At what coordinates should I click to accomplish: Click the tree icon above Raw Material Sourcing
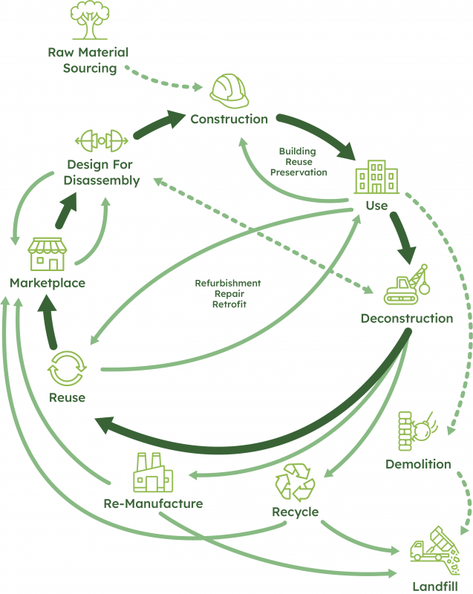pyautogui.click(x=88, y=22)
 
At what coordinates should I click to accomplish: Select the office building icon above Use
pyautogui.click(x=376, y=177)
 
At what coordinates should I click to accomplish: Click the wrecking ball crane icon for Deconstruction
pyautogui.click(x=406, y=285)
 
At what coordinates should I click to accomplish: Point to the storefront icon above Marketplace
pyautogui.click(x=47, y=254)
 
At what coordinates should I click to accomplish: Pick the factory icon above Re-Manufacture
pyautogui.click(x=152, y=472)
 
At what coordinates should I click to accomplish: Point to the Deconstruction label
pyautogui.click(x=406, y=319)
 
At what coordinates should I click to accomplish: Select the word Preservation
pyautogui.click(x=298, y=172)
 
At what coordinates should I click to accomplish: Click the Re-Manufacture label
pyautogui.click(x=153, y=504)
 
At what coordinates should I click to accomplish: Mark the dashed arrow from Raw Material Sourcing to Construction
pyautogui.click(x=163, y=79)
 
